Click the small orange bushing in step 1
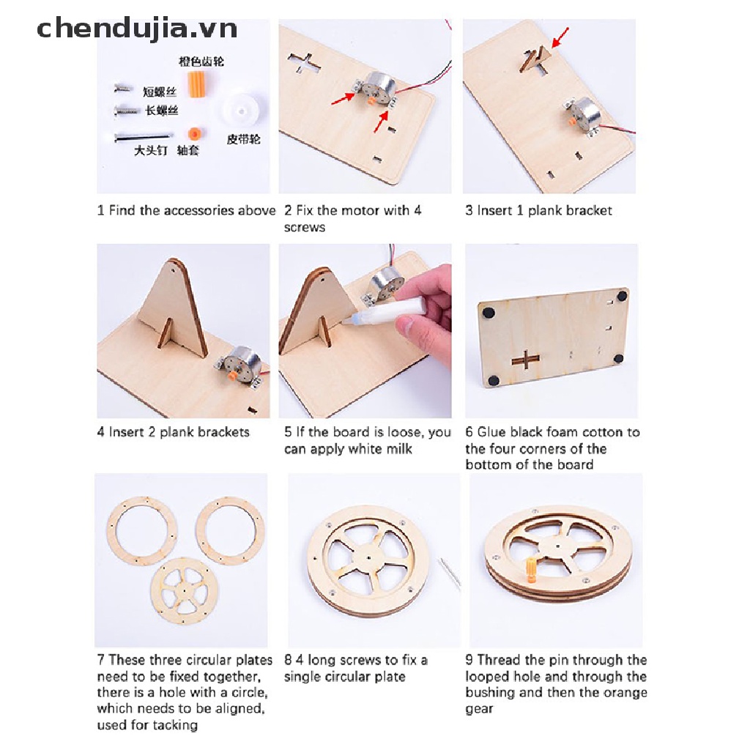(194, 134)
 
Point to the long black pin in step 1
(143, 136)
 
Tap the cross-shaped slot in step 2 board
(305, 64)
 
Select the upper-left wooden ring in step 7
(142, 530)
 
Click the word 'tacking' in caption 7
(175, 725)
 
